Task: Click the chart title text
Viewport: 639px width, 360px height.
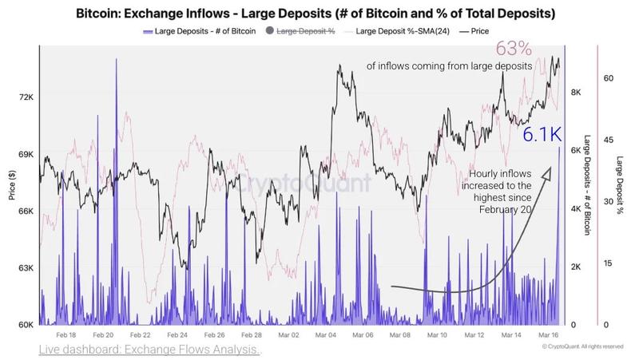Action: (x=319, y=14)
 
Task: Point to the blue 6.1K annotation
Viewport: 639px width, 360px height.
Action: (x=544, y=135)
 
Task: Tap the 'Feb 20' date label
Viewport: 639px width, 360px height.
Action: (x=103, y=337)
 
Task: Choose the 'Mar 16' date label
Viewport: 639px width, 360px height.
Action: (x=546, y=337)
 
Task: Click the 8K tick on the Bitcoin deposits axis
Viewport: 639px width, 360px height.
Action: (x=577, y=93)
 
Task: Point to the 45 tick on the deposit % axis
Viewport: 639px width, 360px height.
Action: (x=608, y=140)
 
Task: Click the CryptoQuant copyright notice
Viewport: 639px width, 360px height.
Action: (x=582, y=347)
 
